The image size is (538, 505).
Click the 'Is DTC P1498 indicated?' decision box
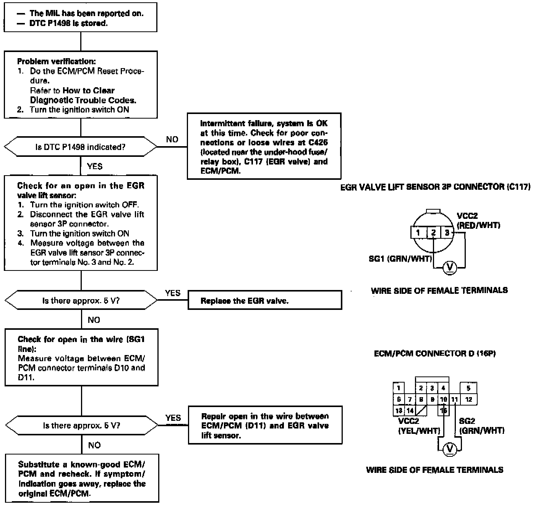click(x=80, y=147)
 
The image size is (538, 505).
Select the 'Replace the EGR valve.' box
click(x=264, y=301)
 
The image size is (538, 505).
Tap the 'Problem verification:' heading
click(x=57, y=61)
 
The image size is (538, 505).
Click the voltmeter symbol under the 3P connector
click(x=449, y=267)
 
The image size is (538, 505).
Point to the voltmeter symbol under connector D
click(x=450, y=449)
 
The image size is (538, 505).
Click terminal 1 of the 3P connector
click(x=418, y=233)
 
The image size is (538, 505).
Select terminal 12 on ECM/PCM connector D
click(x=469, y=399)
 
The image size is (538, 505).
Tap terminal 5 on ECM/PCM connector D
click(x=468, y=388)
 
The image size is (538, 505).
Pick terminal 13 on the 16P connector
click(x=399, y=411)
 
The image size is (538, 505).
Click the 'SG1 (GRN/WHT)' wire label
click(x=400, y=259)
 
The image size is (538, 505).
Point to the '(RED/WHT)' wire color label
click(x=478, y=225)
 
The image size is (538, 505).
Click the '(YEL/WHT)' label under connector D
click(x=419, y=431)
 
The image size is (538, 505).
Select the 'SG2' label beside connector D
click(x=467, y=421)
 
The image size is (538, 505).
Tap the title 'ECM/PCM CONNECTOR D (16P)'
click(x=435, y=353)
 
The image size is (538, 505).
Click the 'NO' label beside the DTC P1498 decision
click(x=172, y=140)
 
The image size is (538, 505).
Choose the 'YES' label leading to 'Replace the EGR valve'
click(x=173, y=293)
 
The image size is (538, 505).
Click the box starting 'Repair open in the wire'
click(x=265, y=425)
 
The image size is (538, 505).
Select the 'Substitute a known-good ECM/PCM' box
click(x=82, y=479)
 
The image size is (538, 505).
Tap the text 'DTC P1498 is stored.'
click(x=68, y=23)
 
